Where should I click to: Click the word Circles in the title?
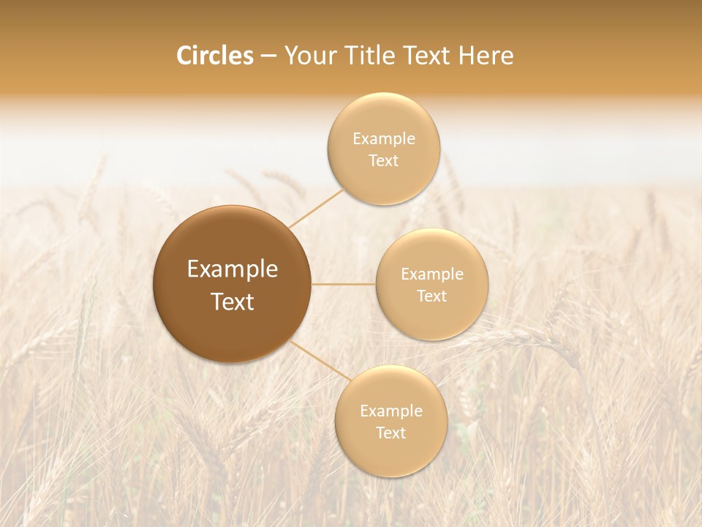point(214,56)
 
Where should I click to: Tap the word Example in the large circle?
point(233,269)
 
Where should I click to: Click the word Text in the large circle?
point(233,302)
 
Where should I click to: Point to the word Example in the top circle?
point(384,139)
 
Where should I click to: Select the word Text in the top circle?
point(384,160)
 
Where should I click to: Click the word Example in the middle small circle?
point(432,274)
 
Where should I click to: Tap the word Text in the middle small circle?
point(432,296)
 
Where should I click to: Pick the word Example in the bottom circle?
point(391,411)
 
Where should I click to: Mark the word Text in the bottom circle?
point(391,433)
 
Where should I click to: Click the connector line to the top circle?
point(316,208)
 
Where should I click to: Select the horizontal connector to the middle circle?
point(344,284)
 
